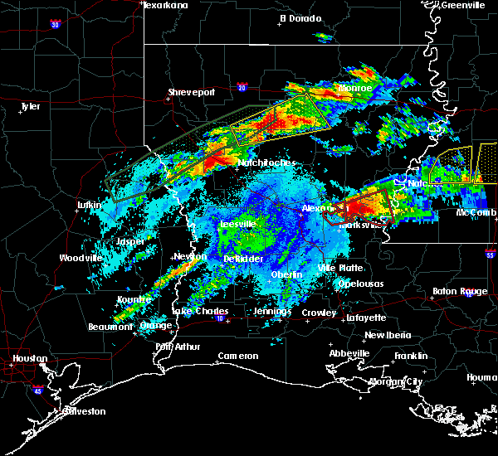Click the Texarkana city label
click(166, 5)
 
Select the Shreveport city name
click(192, 92)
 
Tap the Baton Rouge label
click(460, 291)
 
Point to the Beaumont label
click(110, 327)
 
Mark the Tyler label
click(31, 106)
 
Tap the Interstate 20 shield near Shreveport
click(242, 86)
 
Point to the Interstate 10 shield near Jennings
click(219, 318)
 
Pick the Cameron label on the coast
click(238, 356)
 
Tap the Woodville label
click(81, 258)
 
